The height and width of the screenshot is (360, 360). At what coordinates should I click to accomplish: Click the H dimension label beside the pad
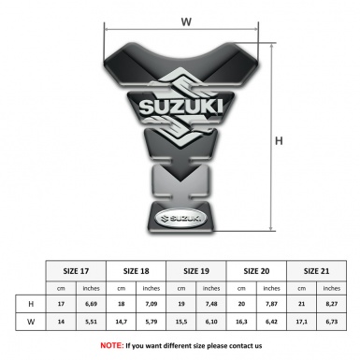coord(278,141)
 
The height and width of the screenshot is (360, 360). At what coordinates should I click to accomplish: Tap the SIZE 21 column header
coord(317,271)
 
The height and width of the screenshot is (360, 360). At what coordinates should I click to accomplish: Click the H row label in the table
coord(31,304)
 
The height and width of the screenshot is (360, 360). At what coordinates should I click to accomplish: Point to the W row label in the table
coord(31,323)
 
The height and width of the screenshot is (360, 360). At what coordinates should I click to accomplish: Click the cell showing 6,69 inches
coord(90,304)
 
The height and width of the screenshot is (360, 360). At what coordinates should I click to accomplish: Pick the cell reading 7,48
coord(211,304)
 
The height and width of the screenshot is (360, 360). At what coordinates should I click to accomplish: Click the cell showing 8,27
coord(332,304)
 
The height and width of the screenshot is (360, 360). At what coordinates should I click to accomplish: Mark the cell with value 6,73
coord(332,323)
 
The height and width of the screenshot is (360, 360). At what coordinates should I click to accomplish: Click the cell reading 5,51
coord(90,323)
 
